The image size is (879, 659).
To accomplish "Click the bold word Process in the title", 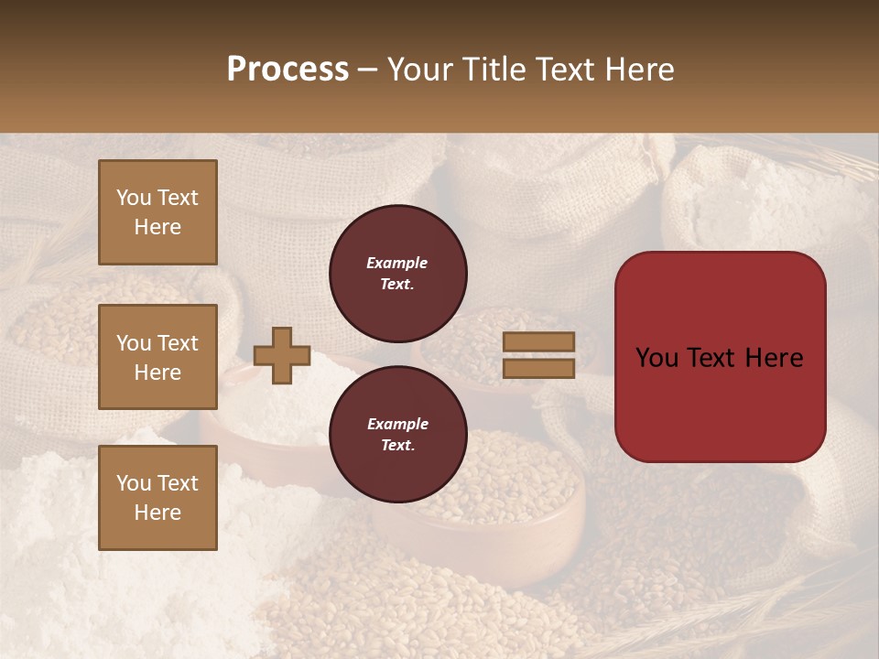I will (288, 70).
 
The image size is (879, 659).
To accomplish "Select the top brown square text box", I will (157, 212).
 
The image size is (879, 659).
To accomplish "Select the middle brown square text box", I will (157, 357).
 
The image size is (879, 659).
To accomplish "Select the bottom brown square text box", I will (157, 498).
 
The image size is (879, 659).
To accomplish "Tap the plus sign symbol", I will (282, 355).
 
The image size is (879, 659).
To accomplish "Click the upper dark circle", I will (397, 273).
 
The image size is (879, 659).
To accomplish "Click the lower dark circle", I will (397, 434).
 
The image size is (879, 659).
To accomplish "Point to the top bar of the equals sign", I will (538, 342).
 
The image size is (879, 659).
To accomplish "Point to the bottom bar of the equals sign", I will (538, 368).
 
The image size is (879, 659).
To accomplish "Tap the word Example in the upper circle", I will (397, 263).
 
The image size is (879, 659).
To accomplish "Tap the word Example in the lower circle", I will (397, 424).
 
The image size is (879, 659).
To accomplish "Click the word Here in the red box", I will (775, 358).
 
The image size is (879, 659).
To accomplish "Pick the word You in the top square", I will (133, 198).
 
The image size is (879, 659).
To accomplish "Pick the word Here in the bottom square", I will (157, 513).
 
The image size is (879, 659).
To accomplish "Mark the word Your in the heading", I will (421, 70).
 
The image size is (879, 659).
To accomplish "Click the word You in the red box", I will (657, 358).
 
